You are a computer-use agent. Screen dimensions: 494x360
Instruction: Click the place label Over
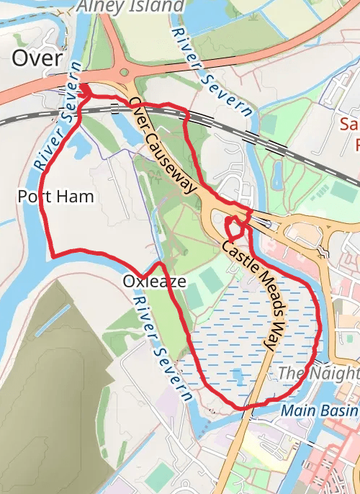(x=37, y=58)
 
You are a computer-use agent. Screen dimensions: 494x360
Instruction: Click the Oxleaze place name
(x=155, y=280)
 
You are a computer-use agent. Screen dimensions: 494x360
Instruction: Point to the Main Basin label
(x=320, y=410)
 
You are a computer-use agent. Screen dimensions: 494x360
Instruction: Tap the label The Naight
(x=318, y=373)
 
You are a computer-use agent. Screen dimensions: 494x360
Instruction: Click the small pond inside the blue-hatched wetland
(x=238, y=374)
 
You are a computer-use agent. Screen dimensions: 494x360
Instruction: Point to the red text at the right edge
(x=350, y=135)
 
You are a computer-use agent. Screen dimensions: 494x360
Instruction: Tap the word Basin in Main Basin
(x=340, y=410)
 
